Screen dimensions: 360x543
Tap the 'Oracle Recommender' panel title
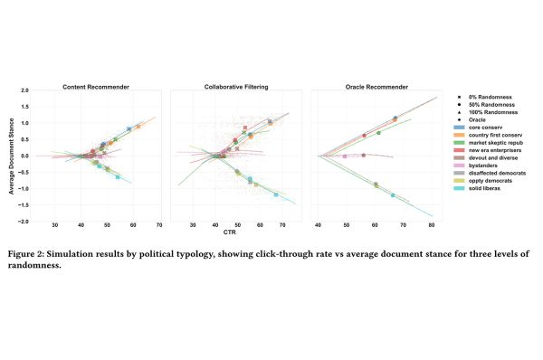coord(374,87)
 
